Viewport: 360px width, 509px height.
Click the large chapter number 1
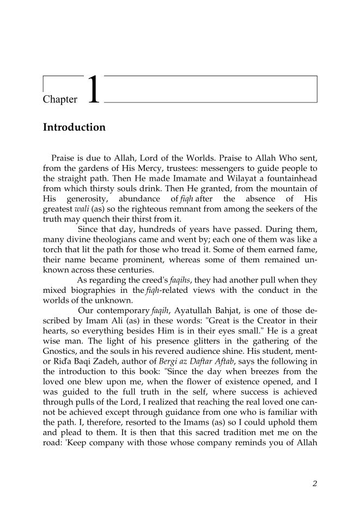click(93, 90)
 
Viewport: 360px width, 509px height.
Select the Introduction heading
click(74, 128)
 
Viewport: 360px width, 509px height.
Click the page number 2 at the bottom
click(315, 483)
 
